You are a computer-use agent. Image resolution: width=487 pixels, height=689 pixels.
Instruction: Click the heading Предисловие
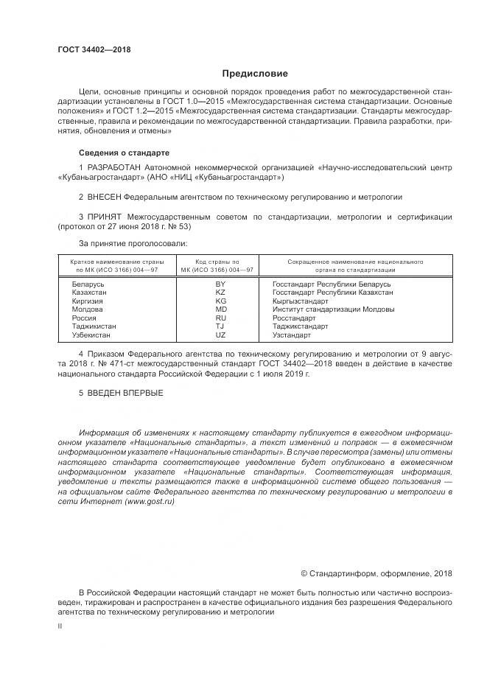[x=255, y=74]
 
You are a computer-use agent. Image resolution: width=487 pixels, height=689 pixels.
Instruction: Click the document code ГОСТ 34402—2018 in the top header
[x=94, y=49]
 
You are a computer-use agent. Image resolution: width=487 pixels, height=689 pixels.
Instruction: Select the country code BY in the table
[x=220, y=284]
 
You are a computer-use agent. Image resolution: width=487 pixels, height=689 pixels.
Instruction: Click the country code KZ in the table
[x=220, y=293]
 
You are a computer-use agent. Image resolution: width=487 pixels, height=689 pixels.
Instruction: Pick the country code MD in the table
[x=220, y=309]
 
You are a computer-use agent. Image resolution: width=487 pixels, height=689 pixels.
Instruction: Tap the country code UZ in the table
[x=220, y=335]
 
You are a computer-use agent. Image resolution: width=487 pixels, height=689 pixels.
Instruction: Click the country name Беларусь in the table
[x=89, y=284]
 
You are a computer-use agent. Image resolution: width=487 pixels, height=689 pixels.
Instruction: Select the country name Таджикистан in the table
[x=94, y=326]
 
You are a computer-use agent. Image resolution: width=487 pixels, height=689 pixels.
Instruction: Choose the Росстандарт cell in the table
[x=294, y=318]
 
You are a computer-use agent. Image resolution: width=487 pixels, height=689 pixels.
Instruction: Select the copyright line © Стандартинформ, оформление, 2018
[x=377, y=573]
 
